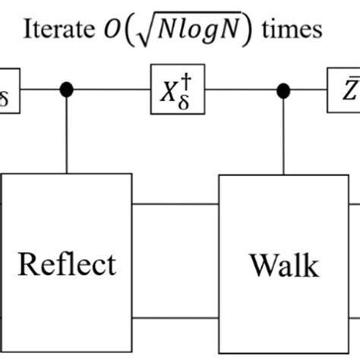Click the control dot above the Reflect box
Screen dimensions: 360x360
click(67, 90)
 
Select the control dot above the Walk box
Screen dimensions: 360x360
click(284, 90)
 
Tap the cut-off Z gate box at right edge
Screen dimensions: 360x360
click(343, 90)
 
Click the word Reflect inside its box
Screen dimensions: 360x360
click(67, 264)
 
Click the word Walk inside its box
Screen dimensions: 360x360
click(284, 265)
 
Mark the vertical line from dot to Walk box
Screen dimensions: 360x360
click(284, 135)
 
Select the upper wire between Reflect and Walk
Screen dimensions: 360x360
click(175, 204)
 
